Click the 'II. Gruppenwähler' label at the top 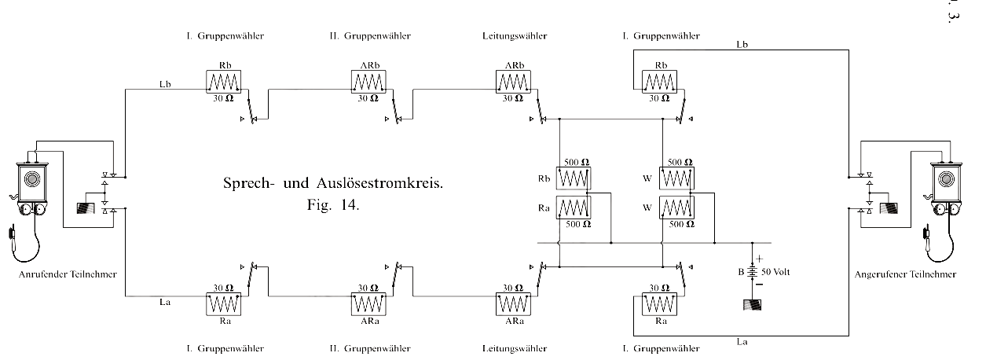point(368,36)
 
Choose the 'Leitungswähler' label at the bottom point(513,347)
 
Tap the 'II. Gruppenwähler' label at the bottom point(368,347)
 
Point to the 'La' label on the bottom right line point(741,340)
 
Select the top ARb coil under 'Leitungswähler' point(514,82)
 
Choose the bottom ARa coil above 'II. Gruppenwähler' point(368,303)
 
